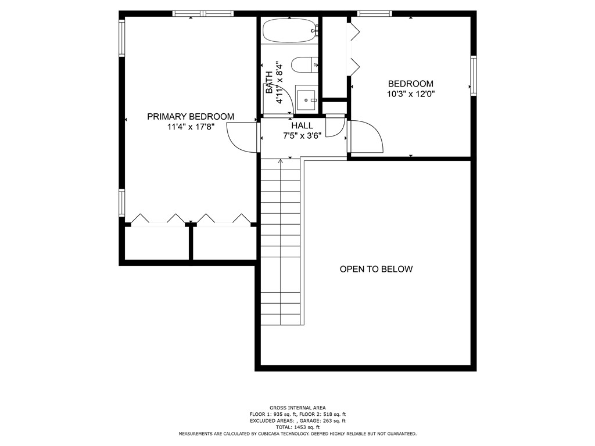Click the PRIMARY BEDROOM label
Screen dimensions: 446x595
(191, 117)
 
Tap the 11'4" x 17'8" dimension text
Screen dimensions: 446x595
(191, 127)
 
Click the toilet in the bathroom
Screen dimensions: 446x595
(302, 65)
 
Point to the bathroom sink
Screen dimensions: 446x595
(306, 99)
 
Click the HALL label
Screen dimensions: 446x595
(302, 125)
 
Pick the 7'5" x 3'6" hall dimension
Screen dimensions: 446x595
(302, 136)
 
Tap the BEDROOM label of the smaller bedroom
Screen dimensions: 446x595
(411, 84)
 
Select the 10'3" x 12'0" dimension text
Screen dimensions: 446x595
(411, 93)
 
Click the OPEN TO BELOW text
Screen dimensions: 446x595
(376, 269)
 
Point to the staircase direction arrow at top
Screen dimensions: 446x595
(281, 161)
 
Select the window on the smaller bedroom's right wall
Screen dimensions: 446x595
(474, 75)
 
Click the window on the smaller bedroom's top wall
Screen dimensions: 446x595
(374, 13)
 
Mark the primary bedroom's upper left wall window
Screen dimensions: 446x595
(122, 38)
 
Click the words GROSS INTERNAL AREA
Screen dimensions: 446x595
(297, 408)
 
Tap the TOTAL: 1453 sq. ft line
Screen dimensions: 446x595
(297, 427)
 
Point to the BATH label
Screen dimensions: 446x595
(269, 82)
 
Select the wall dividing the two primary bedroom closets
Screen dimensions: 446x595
(190, 243)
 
